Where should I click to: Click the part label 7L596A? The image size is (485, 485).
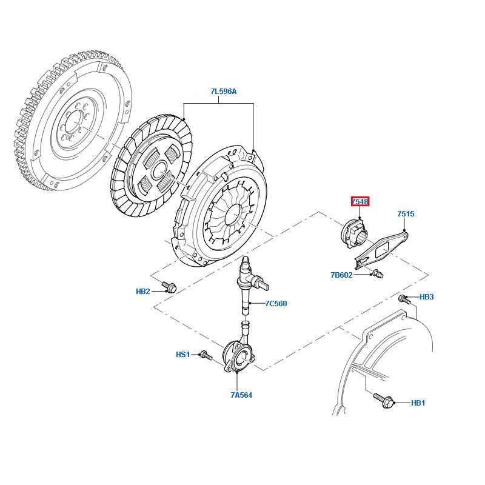coord(224,92)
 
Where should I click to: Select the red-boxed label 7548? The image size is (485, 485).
coord(360,201)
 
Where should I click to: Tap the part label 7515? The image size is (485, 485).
coord(406,214)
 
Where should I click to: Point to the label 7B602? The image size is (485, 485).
coord(341,275)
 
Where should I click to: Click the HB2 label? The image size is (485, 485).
coord(142,292)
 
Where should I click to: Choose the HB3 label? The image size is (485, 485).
coord(427,297)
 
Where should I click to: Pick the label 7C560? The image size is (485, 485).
coord(276,303)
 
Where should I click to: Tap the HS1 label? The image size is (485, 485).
coord(182,354)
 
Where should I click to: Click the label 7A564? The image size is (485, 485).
coord(241,395)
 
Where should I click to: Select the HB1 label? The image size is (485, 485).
coord(418,403)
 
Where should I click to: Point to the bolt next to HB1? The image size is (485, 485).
coord(385,400)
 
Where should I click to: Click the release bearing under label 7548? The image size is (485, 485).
coord(353,232)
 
